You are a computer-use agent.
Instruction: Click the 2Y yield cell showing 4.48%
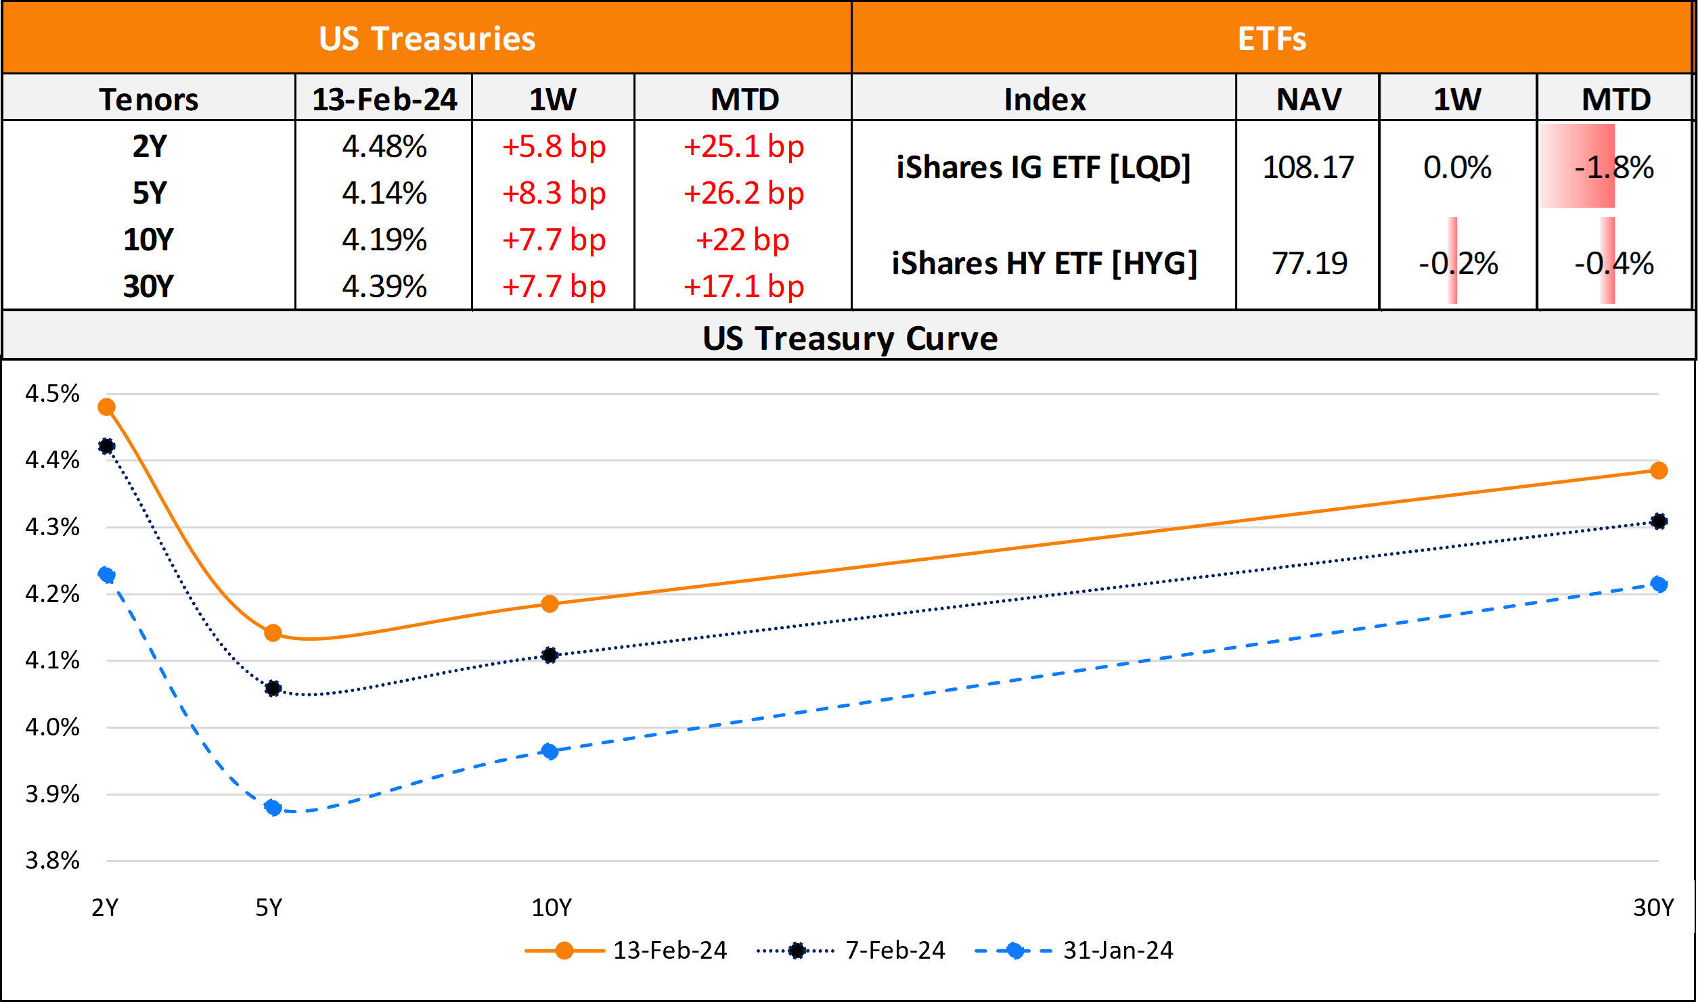pos(384,146)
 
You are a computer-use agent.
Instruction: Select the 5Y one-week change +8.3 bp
pos(553,193)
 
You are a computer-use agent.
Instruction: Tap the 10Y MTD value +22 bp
pos(742,240)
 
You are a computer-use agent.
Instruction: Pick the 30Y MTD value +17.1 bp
pos(743,287)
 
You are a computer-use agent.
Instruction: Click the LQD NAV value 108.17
pos(1308,167)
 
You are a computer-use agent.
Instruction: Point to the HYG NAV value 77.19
pos(1309,263)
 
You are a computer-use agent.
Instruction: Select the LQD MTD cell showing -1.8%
pos(1613,167)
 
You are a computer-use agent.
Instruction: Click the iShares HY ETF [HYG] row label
pos(1044,263)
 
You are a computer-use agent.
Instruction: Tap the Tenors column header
pos(149,99)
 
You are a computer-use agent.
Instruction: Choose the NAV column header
pos(1308,99)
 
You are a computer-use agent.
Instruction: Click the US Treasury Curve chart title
pos(849,338)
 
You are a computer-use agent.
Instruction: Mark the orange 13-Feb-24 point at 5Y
pos(273,633)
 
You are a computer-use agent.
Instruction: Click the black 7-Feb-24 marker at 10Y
pos(550,655)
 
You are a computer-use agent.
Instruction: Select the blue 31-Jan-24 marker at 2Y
pos(106,575)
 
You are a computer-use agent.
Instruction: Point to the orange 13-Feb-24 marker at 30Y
pos(1658,470)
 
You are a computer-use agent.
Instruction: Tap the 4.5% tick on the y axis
pos(52,394)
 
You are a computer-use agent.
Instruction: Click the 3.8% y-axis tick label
pos(52,861)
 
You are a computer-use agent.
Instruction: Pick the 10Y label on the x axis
pos(551,907)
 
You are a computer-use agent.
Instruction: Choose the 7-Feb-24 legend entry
pos(894,951)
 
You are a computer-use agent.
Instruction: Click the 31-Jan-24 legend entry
pos(1117,951)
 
